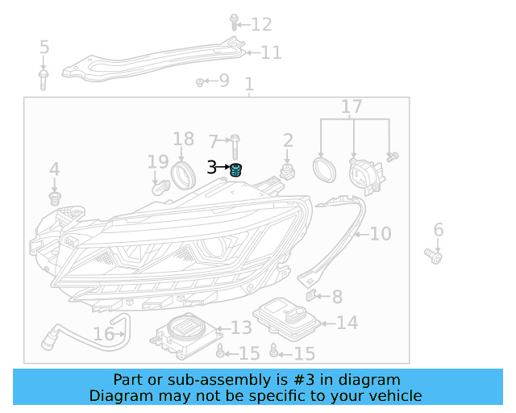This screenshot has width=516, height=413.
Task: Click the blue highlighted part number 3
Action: click(x=236, y=169)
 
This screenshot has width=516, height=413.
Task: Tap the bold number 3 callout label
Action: click(x=212, y=168)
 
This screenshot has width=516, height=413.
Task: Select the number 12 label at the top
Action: click(x=261, y=25)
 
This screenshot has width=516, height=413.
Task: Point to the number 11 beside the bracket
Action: click(x=271, y=53)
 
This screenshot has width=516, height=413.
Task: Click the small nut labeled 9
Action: click(x=199, y=81)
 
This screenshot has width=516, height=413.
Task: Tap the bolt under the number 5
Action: click(x=44, y=77)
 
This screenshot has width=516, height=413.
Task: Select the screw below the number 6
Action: click(x=434, y=257)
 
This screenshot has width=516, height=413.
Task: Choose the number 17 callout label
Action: click(x=352, y=107)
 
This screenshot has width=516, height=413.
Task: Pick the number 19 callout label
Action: click(x=157, y=163)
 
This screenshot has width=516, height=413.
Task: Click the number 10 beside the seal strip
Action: click(x=380, y=234)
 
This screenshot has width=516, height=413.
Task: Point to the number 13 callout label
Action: click(x=241, y=327)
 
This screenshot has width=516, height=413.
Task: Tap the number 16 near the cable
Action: click(x=103, y=334)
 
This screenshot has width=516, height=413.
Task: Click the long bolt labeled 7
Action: click(x=233, y=148)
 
